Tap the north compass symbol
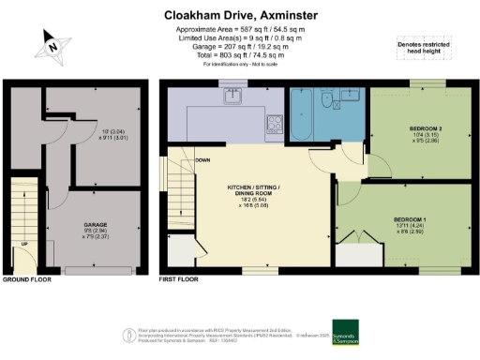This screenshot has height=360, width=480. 53,43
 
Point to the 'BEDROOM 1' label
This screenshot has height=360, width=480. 410,219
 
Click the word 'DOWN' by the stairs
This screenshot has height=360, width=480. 175,160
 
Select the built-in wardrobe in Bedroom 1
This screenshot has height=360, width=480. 355,250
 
